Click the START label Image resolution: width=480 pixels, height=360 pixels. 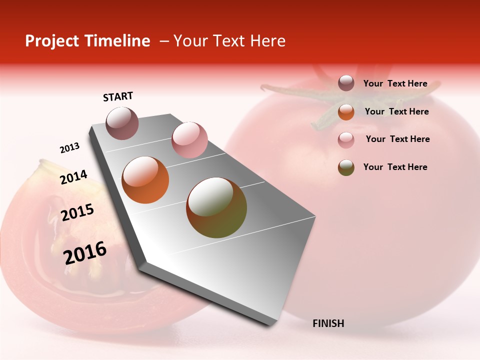[x=118, y=96]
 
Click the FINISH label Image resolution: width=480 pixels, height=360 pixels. [x=328, y=323]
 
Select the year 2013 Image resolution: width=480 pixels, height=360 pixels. [x=69, y=148]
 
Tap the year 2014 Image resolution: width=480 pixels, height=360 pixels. [x=73, y=177]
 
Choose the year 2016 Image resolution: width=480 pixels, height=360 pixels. [x=85, y=252]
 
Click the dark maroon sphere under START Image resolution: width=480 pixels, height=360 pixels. [x=122, y=123]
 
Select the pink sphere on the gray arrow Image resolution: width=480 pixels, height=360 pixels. [x=189, y=139]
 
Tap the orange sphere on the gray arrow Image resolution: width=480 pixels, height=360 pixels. [x=145, y=180]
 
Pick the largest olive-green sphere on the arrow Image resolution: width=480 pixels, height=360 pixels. [x=216, y=207]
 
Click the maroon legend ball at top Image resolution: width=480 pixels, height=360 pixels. [x=346, y=83]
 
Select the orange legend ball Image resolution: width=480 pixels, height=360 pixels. [x=346, y=112]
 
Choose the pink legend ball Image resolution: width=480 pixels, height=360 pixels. [x=346, y=140]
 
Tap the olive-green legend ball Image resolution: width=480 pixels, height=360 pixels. [x=346, y=167]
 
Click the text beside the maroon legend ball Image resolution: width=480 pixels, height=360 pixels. [x=395, y=83]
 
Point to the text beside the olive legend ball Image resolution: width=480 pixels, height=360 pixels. [x=395, y=167]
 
